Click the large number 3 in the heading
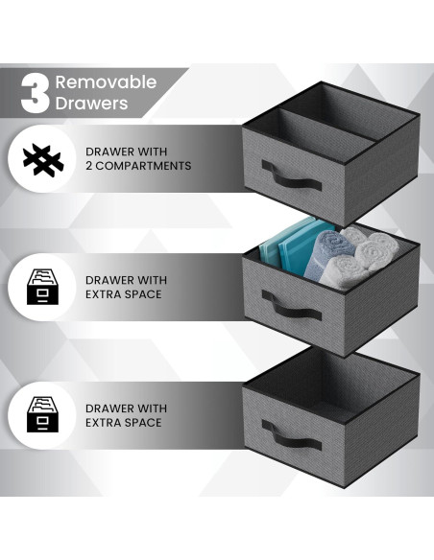[x=35, y=92]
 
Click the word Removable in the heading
[x=106, y=82]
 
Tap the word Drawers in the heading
[x=92, y=103]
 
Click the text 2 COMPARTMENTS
[x=138, y=166]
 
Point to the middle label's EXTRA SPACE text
[x=124, y=294]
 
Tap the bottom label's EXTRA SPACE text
[x=124, y=423]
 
